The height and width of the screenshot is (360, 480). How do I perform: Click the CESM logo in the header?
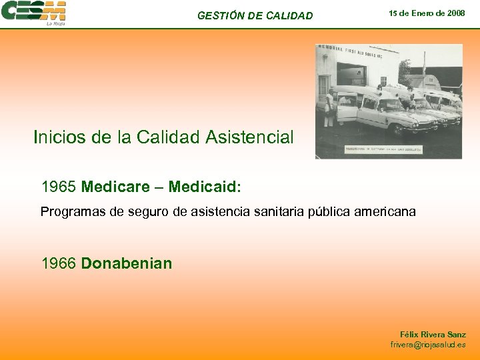click(x=33, y=11)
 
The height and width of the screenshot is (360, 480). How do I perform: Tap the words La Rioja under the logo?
click(x=55, y=23)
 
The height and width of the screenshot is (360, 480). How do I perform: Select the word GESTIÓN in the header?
click(x=220, y=15)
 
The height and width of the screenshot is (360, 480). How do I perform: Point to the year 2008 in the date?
click(x=455, y=13)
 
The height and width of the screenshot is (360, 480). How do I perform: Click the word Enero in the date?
click(x=431, y=13)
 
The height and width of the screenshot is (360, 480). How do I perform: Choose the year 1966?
click(x=59, y=263)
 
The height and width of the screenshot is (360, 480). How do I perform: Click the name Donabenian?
click(x=126, y=263)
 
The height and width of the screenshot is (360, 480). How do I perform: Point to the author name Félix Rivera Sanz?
click(x=433, y=335)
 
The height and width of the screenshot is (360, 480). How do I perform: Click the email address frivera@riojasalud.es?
click(x=428, y=345)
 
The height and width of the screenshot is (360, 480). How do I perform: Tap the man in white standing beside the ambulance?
click(x=329, y=107)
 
